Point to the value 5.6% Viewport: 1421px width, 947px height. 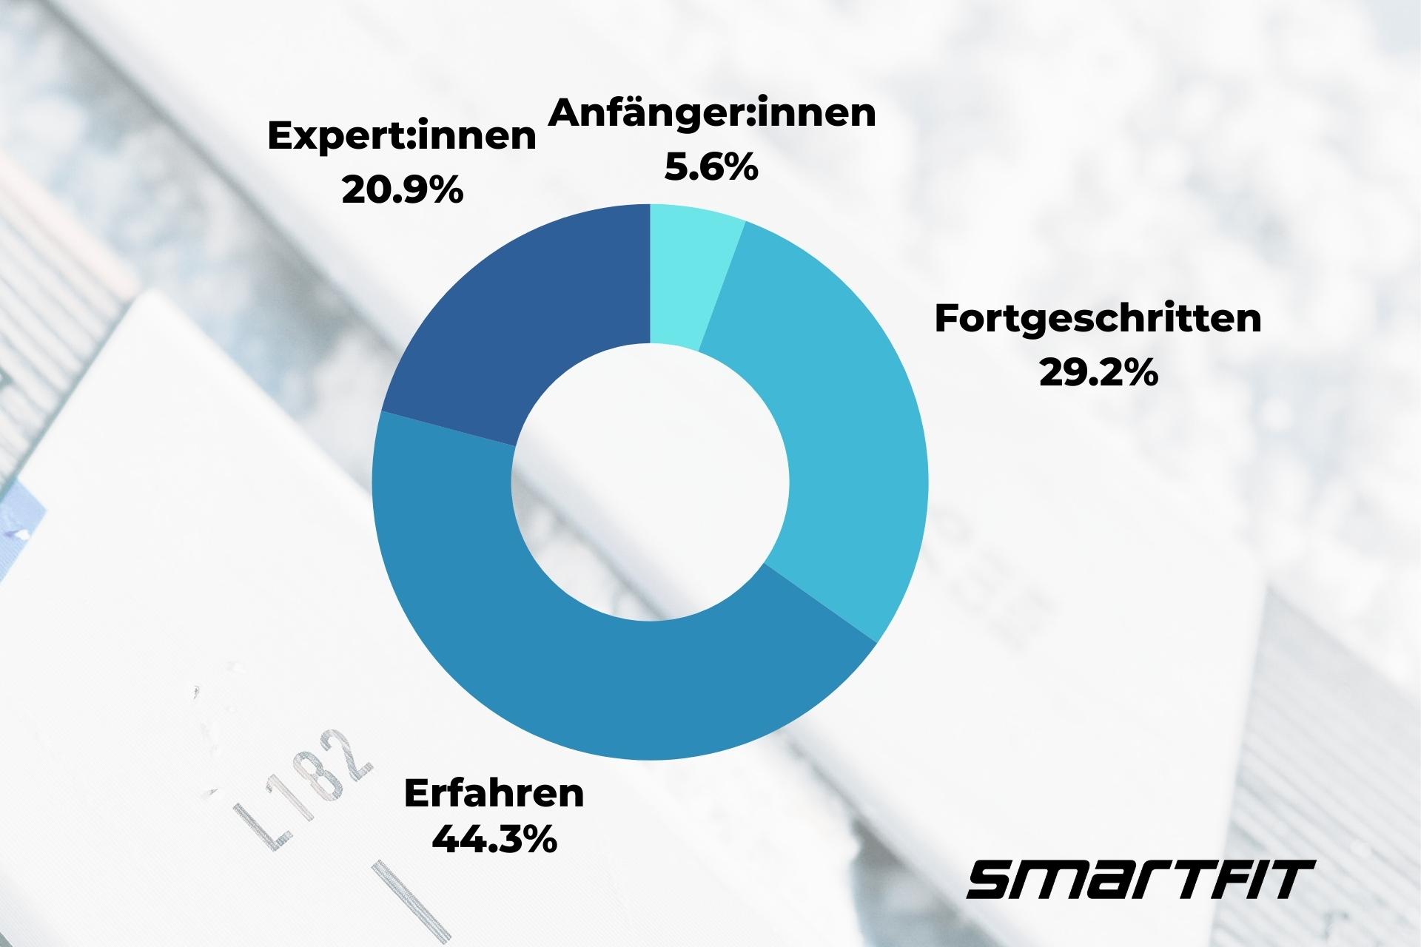[x=710, y=167]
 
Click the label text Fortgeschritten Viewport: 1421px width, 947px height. [x=1098, y=319]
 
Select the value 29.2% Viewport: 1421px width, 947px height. [x=1098, y=373]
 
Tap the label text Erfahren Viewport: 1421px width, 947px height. [x=494, y=793]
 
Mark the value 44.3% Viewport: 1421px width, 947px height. [x=494, y=840]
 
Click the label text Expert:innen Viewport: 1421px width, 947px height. [x=401, y=137]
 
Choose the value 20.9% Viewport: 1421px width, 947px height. [x=401, y=190]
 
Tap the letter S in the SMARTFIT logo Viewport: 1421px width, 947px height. [x=995, y=879]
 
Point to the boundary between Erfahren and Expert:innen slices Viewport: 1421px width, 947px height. [x=448, y=429]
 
